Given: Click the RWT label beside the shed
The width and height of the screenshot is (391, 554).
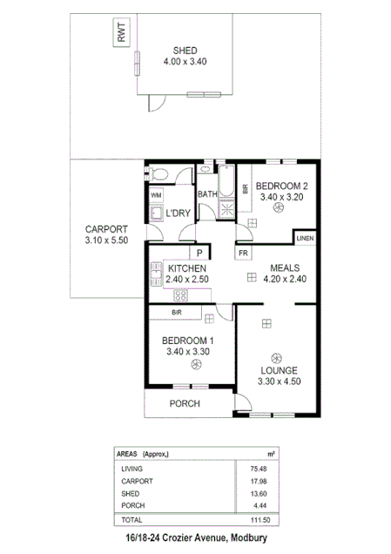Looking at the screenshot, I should [121, 34].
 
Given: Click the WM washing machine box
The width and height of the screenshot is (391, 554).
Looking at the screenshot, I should [157, 195].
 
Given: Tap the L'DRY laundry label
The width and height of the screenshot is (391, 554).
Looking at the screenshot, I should [179, 213].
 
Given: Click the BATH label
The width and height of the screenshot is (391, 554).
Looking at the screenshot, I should [207, 194].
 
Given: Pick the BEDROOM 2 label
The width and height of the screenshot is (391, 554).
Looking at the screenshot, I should [281, 186].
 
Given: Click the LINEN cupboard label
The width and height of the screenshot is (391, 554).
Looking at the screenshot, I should [305, 238].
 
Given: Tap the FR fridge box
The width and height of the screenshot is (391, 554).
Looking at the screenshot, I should [243, 253].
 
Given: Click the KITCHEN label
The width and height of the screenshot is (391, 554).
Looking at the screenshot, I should [187, 268].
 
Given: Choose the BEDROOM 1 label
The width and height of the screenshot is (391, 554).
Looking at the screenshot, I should [187, 339].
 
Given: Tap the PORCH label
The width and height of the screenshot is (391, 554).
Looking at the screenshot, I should [185, 403].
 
